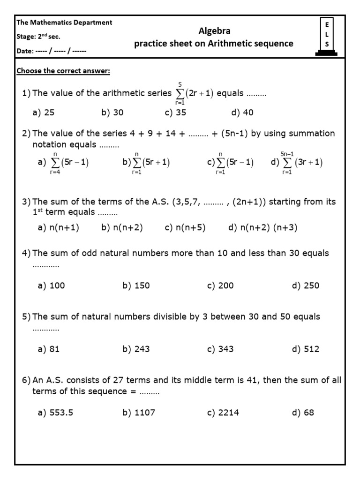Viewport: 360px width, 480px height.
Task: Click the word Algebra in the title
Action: click(215, 31)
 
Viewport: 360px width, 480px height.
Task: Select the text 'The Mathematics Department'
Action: click(64, 22)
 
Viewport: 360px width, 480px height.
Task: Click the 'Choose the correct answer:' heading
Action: click(63, 71)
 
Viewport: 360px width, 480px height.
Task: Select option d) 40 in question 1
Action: click(242, 112)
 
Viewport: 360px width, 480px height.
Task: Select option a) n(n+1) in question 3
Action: click(58, 228)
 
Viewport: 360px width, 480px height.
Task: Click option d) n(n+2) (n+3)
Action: click(262, 228)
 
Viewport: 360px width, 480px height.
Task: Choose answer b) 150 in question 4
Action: click(136, 286)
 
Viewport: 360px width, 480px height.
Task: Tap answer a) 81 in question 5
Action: click(48, 349)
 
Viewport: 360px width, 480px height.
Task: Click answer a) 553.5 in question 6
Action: click(55, 413)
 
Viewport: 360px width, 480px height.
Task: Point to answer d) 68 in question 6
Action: click(302, 413)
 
